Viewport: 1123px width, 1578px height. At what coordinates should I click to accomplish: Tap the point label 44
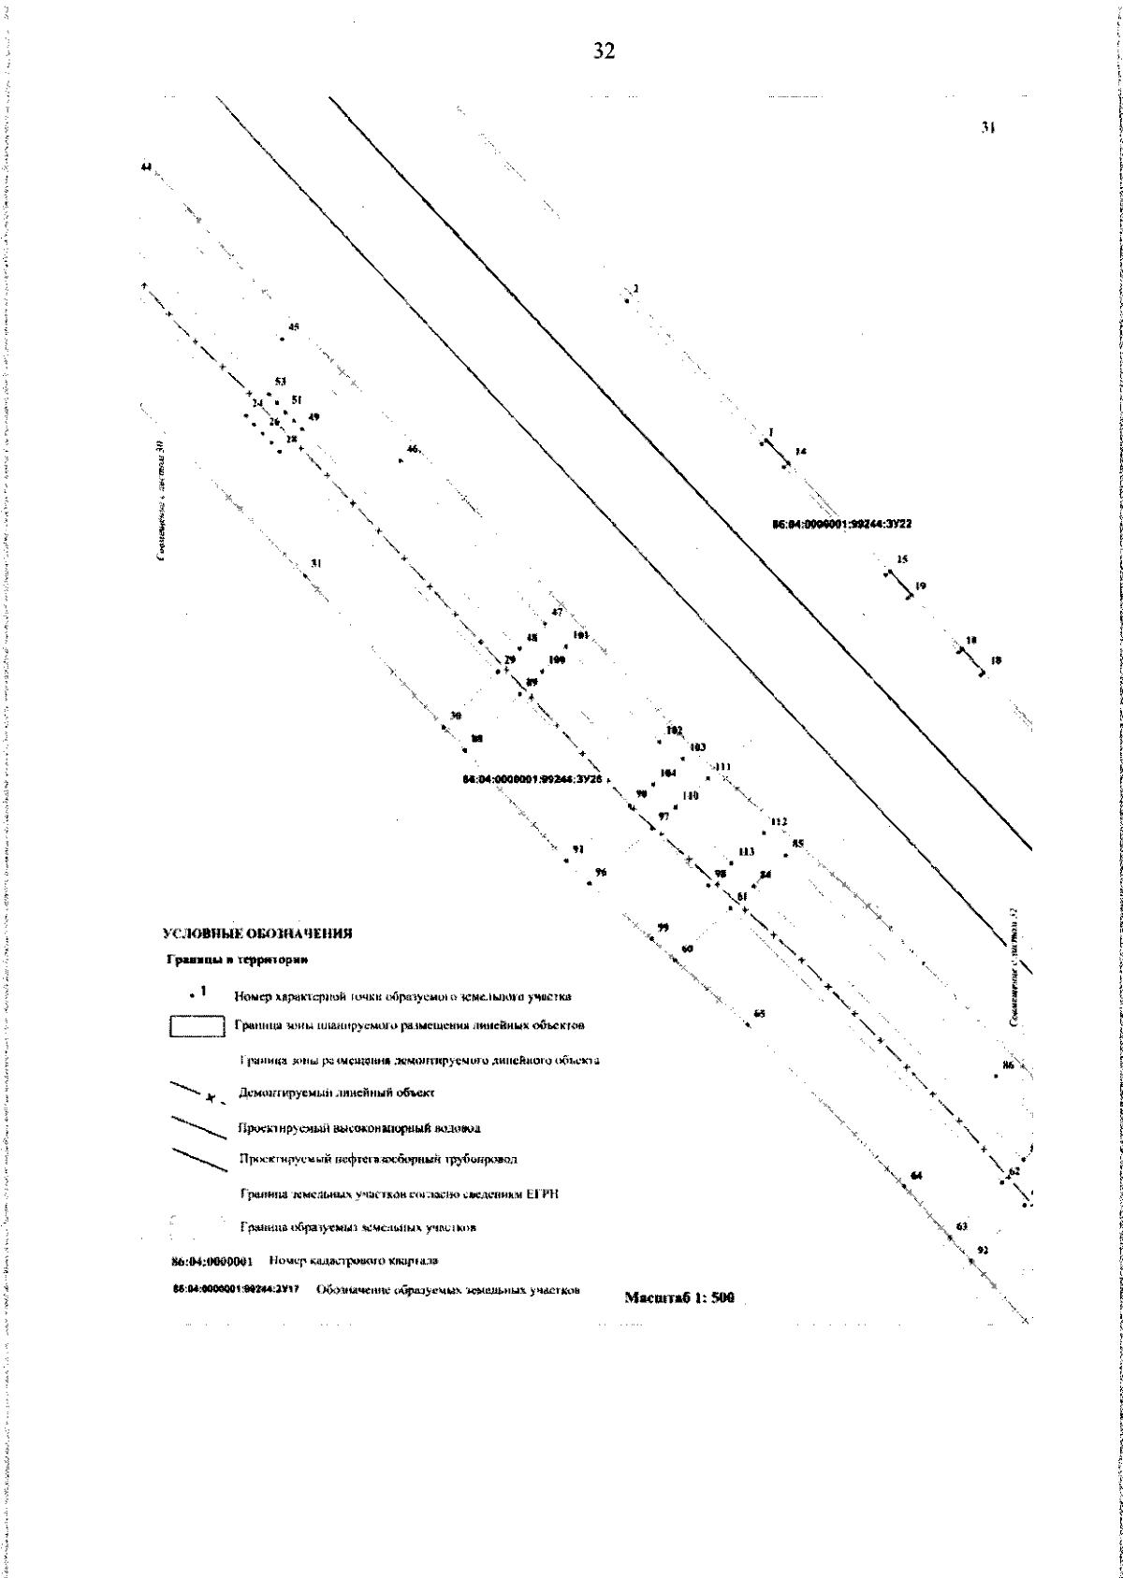click(x=145, y=166)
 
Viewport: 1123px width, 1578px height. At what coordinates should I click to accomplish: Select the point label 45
click(x=294, y=327)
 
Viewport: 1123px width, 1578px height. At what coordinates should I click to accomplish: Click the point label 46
click(x=412, y=450)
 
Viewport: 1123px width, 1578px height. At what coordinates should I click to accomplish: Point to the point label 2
click(x=635, y=289)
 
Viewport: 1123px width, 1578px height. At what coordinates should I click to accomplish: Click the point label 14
click(x=800, y=452)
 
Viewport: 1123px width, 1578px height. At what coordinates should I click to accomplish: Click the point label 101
click(x=580, y=636)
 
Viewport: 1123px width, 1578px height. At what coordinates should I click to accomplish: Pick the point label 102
click(x=674, y=730)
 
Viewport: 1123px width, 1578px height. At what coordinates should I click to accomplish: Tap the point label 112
click(x=779, y=821)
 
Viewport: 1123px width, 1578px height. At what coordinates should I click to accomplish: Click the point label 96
click(x=601, y=872)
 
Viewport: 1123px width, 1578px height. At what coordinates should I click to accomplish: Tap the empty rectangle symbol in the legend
click(x=197, y=1026)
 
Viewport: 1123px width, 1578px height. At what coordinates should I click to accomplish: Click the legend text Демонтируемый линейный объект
click(x=338, y=1092)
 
